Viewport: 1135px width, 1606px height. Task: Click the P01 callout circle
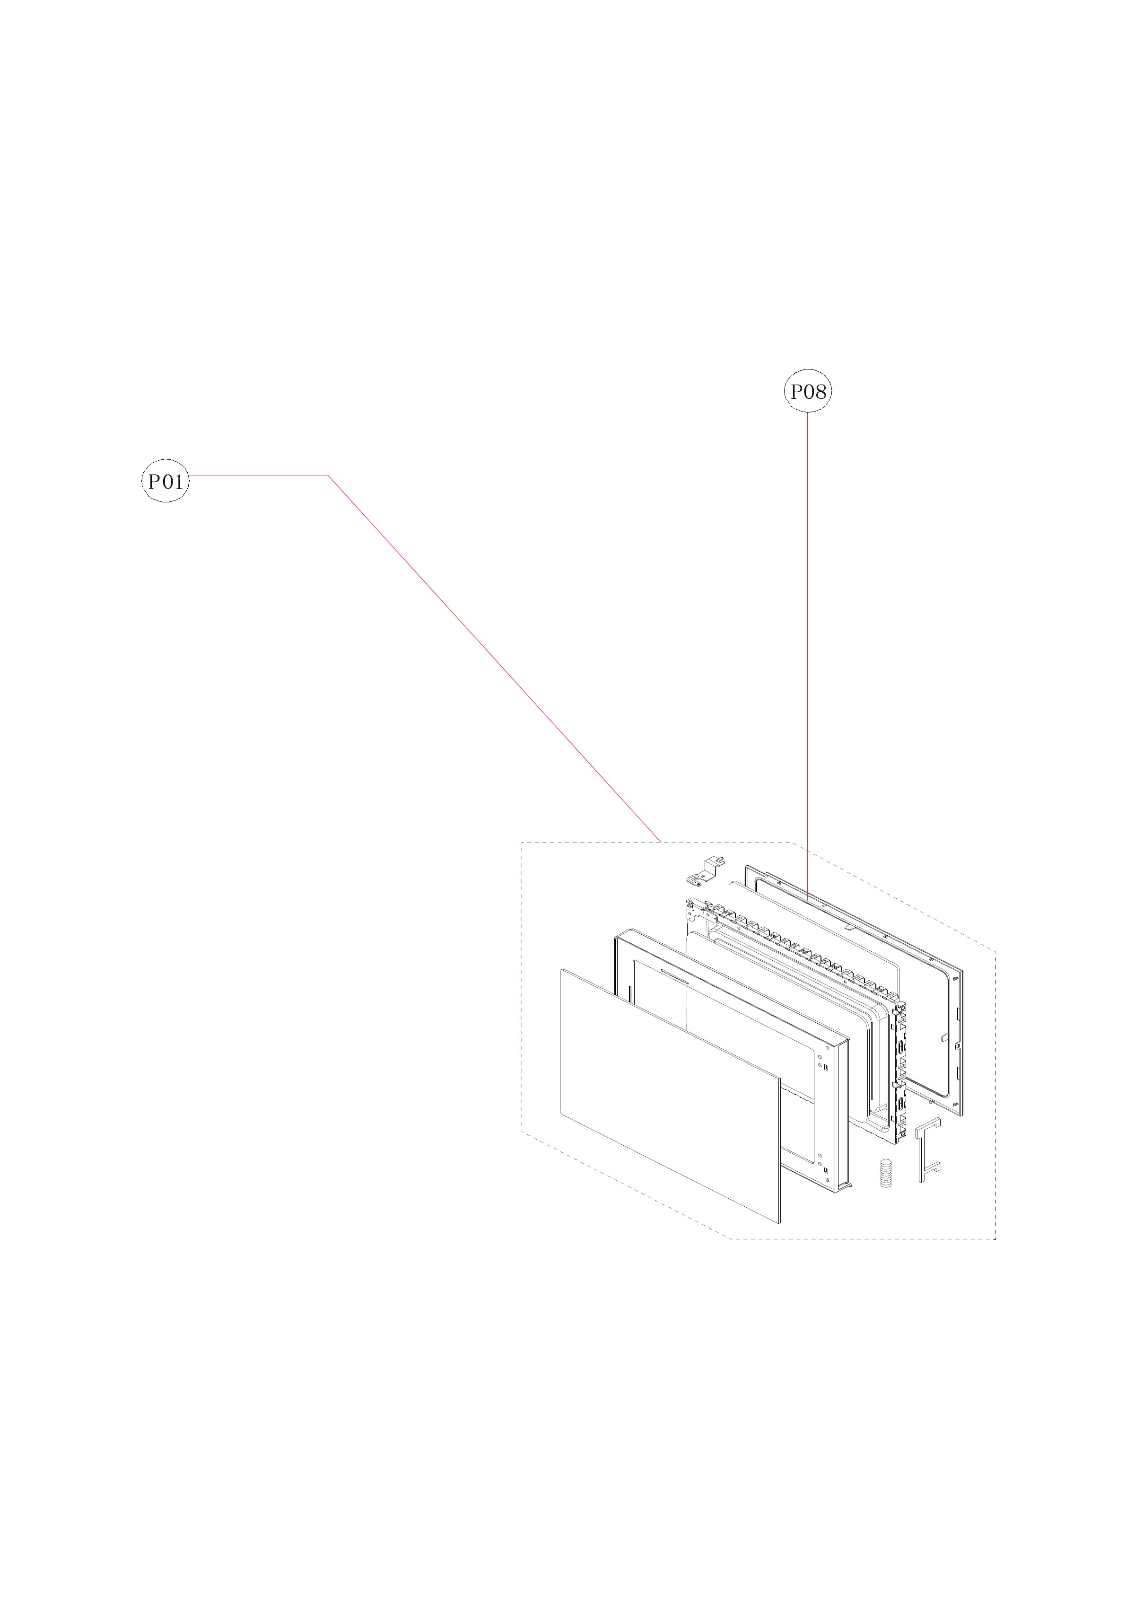coord(166,481)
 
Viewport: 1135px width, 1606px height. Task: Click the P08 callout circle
coord(808,392)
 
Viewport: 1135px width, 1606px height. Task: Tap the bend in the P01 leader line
coord(329,475)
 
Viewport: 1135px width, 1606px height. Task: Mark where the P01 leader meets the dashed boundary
coord(661,842)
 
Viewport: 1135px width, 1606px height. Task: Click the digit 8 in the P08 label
coord(821,392)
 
